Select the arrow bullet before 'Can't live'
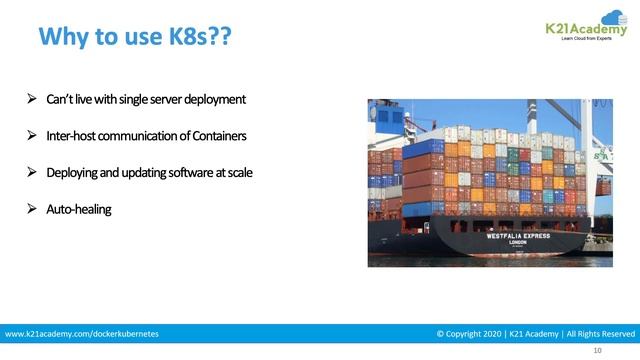32,100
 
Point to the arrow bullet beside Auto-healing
32,209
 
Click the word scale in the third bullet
238,172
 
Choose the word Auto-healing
78,209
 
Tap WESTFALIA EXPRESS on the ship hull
519,238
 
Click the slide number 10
597,351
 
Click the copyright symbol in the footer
441,333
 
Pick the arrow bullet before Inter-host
32,136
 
